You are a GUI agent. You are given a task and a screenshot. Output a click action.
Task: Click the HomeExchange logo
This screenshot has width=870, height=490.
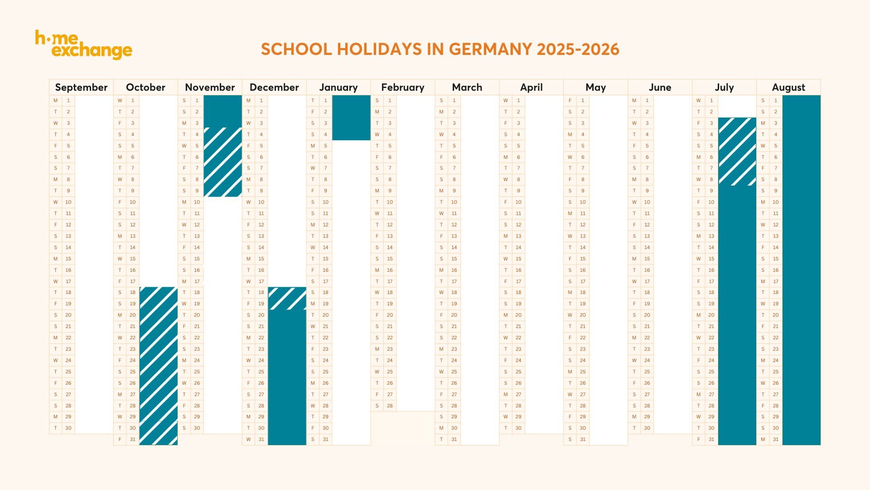click(84, 44)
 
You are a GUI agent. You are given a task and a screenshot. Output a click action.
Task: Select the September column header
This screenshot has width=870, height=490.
click(81, 87)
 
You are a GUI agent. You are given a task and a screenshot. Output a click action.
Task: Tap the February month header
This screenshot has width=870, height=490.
click(402, 87)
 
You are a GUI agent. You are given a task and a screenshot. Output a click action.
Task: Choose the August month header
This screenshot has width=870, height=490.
click(788, 87)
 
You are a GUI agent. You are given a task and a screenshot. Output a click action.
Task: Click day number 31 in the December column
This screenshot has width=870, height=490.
click(261, 439)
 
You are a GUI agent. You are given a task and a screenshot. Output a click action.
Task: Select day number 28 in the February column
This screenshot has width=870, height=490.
click(390, 406)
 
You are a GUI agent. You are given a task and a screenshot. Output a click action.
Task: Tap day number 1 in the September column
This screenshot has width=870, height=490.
click(68, 100)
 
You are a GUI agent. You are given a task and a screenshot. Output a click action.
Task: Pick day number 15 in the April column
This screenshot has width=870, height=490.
click(518, 259)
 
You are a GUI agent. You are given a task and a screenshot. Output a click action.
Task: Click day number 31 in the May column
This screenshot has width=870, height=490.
click(583, 439)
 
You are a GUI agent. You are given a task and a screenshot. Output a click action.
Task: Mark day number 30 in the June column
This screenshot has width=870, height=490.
click(647, 428)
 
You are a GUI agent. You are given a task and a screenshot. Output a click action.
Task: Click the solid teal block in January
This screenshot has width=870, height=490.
click(351, 118)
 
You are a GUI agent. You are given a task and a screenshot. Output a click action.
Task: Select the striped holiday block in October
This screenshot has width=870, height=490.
click(158, 365)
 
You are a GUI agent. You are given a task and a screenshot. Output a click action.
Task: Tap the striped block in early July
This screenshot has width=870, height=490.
click(737, 151)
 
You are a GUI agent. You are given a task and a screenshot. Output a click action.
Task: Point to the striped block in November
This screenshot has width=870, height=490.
click(222, 162)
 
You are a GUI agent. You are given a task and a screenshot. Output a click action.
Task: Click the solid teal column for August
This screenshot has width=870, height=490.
click(801, 270)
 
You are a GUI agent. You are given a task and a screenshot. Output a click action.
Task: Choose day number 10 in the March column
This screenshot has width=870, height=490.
click(454, 202)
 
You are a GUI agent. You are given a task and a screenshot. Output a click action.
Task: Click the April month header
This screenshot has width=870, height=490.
click(531, 87)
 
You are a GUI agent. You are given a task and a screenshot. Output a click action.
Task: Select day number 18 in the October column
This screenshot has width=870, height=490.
click(132, 292)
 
